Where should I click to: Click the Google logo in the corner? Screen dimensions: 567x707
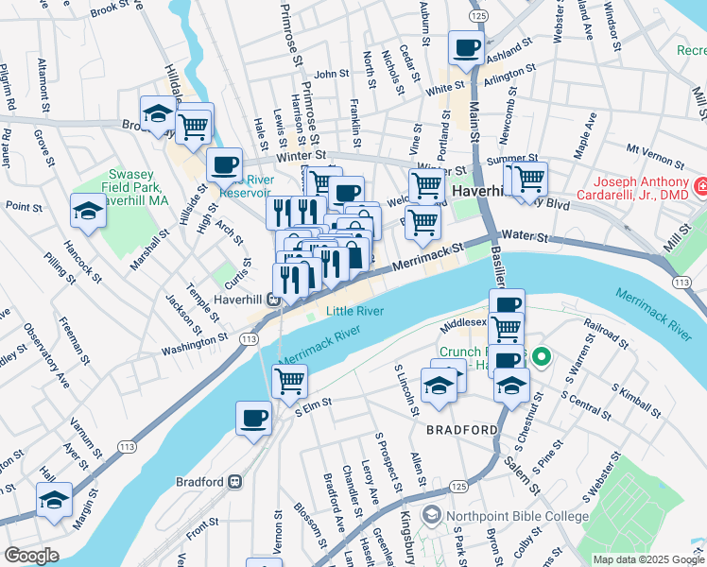[x=31, y=556]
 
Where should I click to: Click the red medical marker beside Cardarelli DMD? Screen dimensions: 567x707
[x=700, y=188]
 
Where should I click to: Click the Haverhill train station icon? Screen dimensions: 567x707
[x=272, y=300]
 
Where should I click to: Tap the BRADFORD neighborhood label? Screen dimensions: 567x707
[x=461, y=430]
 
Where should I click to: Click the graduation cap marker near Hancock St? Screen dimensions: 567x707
[x=88, y=210]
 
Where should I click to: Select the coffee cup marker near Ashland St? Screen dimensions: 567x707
[x=465, y=48]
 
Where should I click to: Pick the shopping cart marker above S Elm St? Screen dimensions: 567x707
[x=289, y=381]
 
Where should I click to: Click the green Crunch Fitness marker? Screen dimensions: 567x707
[x=541, y=357]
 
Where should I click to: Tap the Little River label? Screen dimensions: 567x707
[x=354, y=310]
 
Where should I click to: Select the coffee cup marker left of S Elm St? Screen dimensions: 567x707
[x=253, y=419]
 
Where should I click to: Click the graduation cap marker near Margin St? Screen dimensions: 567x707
[x=55, y=500]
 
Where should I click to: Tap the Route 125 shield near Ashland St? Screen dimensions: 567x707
[x=479, y=17]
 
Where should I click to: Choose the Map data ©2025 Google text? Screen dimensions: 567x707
[x=647, y=559]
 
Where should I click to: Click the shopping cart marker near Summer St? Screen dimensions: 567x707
[x=528, y=176]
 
